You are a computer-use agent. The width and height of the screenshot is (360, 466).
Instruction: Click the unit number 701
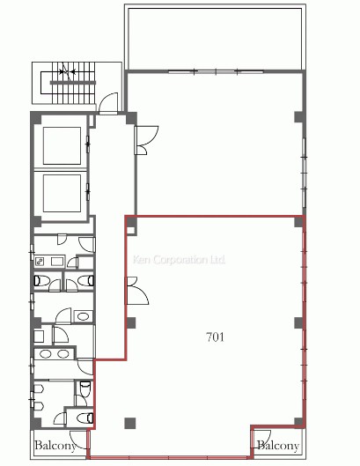(216, 337)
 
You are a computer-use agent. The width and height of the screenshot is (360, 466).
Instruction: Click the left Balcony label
(55, 446)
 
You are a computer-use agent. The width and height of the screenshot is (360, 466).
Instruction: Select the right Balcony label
(278, 446)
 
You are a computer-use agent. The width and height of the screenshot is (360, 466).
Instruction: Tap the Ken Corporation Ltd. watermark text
(179, 260)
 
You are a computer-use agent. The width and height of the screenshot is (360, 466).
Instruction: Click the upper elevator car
(62, 145)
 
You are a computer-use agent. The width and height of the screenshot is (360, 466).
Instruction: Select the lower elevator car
(62, 193)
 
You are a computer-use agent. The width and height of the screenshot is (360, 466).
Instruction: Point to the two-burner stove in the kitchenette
(40, 262)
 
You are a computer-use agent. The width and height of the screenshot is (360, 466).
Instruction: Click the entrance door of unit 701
(137, 291)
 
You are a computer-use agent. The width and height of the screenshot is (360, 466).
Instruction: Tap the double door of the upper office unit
(145, 140)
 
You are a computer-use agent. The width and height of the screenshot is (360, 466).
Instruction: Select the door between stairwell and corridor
(108, 104)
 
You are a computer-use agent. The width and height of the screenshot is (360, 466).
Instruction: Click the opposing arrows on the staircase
(68, 71)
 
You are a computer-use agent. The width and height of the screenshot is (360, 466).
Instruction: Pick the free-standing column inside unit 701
(130, 423)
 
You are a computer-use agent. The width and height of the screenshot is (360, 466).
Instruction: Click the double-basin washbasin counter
(54, 354)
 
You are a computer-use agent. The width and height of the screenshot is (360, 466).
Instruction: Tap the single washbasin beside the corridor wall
(83, 316)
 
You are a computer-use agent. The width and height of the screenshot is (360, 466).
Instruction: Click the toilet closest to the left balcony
(84, 418)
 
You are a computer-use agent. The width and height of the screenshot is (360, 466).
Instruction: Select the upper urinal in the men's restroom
(39, 389)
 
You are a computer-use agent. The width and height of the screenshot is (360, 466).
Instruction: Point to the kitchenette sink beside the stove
(57, 262)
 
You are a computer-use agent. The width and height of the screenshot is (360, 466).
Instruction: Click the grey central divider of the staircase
(73, 83)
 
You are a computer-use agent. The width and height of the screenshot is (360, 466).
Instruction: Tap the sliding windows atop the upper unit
(216, 71)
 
